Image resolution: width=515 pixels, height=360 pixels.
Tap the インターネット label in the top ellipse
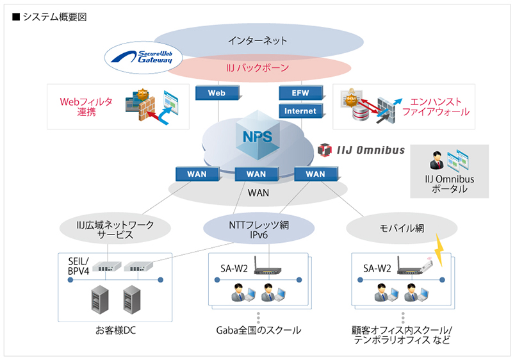click(257, 40)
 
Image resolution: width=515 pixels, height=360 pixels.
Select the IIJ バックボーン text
click(258, 67)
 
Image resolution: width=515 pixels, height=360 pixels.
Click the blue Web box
click(217, 93)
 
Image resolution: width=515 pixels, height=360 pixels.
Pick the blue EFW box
click(300, 93)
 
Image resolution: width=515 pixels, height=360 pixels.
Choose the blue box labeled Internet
click(300, 111)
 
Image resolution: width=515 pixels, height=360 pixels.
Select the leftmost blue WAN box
click(197, 174)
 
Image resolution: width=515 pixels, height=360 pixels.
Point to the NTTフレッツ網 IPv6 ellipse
click(259, 229)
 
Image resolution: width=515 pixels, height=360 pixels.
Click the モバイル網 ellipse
click(402, 229)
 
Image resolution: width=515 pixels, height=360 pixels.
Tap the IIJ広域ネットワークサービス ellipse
click(115, 229)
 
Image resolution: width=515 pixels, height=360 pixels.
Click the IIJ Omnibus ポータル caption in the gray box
click(449, 184)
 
